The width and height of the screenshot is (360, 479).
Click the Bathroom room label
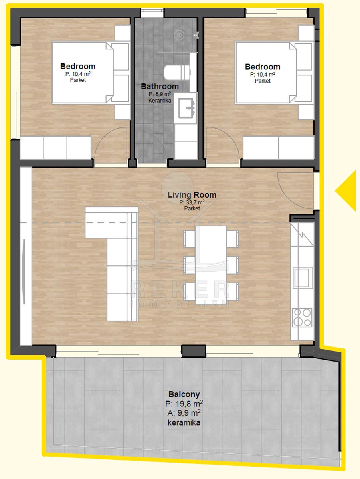coord(160,86)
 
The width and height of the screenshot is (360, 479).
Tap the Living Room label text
coord(192,195)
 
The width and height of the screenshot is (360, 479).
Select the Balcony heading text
coord(184,394)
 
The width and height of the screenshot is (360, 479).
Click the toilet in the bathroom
coord(177,73)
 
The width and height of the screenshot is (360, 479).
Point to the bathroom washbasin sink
coord(186,108)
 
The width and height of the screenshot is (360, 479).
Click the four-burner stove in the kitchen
coord(302,317)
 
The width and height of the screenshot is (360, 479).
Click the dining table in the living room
coord(211,263)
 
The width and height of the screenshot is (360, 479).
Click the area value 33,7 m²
coord(192,202)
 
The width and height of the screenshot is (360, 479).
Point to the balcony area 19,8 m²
coord(184,404)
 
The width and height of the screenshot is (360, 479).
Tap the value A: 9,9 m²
coord(184,413)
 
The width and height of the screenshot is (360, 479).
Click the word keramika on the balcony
coord(184,422)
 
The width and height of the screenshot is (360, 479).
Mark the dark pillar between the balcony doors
coord(194,351)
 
